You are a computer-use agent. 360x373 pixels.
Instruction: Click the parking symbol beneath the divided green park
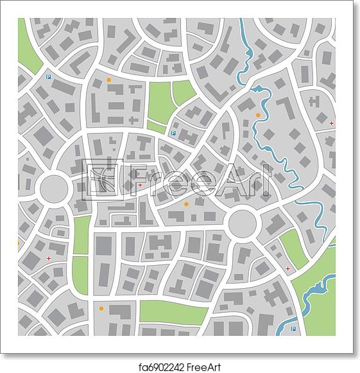[172, 134]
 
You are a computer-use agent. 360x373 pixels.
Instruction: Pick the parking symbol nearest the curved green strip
[48, 76]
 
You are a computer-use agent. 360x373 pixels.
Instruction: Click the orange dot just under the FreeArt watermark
[187, 204]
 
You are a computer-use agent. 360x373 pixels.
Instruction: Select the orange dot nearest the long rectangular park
[101, 309]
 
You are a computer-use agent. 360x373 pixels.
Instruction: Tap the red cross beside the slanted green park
[287, 268]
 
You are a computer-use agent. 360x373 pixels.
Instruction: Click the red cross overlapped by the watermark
[140, 185]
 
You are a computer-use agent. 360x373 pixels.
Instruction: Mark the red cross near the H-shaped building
[331, 123]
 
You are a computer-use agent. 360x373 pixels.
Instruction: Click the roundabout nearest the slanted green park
[243, 223]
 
